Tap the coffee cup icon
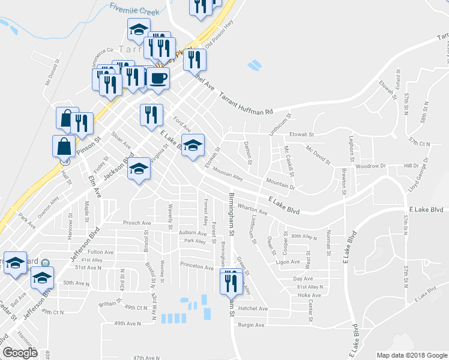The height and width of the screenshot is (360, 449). (158, 79)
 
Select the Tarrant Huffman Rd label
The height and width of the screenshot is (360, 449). (246, 104)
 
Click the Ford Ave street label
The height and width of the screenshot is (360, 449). (182, 124)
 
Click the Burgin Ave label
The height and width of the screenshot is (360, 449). (251, 325)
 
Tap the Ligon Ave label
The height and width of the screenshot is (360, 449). (287, 262)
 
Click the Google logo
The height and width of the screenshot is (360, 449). (20, 353)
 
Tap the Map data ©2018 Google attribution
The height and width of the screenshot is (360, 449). (411, 355)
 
